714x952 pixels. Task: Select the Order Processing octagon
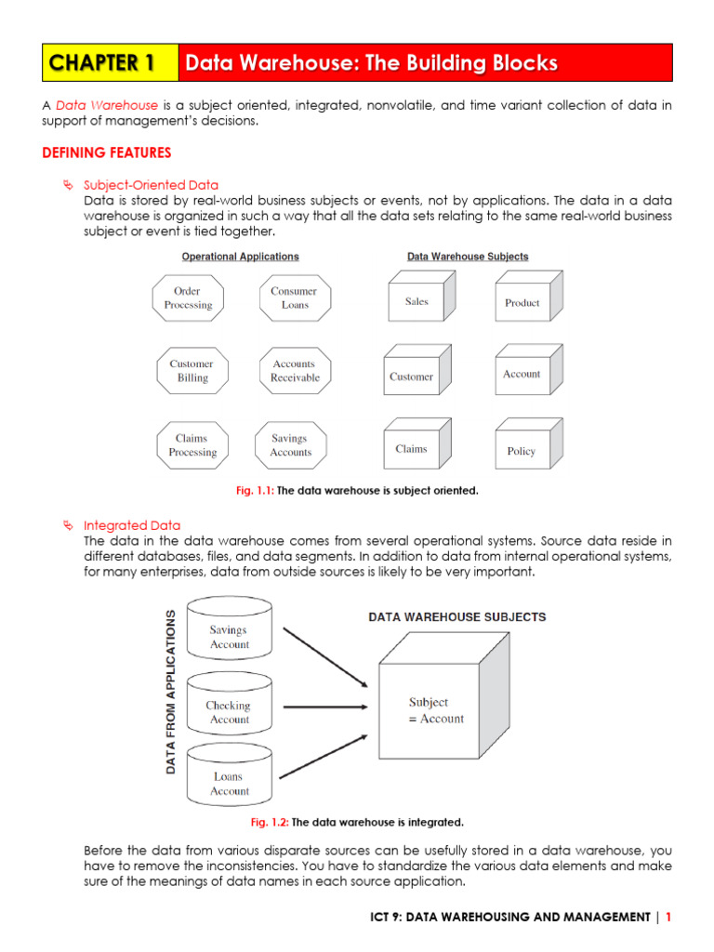[x=189, y=298]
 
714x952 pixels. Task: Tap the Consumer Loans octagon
[x=294, y=298]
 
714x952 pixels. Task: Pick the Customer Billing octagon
[x=192, y=371]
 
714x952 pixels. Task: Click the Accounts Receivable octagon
[x=295, y=371]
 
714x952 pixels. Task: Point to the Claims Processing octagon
[x=192, y=445]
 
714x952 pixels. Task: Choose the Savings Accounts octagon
[x=290, y=445]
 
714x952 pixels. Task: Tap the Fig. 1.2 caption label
[x=271, y=823]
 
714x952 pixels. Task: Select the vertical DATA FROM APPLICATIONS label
[x=171, y=693]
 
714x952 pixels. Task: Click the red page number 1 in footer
[x=668, y=917]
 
